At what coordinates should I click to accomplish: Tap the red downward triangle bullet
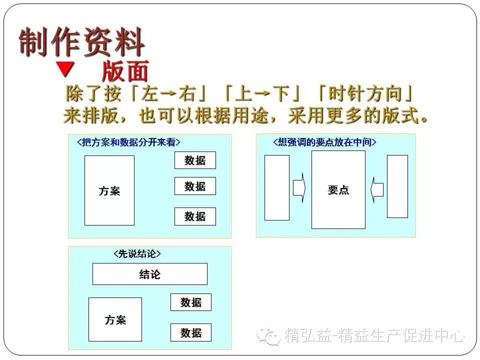pyautogui.click(x=65, y=68)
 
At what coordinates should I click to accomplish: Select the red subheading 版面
pyautogui.click(x=125, y=71)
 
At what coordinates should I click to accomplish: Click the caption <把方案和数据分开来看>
pyautogui.click(x=128, y=142)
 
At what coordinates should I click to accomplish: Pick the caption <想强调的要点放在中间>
pyautogui.click(x=324, y=142)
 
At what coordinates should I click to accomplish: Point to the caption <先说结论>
pyautogui.click(x=137, y=254)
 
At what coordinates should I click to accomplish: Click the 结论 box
pyautogui.click(x=149, y=274)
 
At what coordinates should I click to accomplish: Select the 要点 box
pyautogui.click(x=338, y=190)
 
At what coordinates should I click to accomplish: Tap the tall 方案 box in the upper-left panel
pyautogui.click(x=109, y=190)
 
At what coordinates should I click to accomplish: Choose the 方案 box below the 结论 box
pyautogui.click(x=115, y=319)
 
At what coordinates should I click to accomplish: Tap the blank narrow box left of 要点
pyautogui.click(x=276, y=187)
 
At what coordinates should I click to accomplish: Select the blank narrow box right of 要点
pyautogui.click(x=397, y=186)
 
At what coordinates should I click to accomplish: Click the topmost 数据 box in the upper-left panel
pyautogui.click(x=195, y=160)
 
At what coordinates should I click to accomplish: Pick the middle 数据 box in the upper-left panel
pyautogui.click(x=195, y=186)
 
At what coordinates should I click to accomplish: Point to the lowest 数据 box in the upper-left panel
pyautogui.click(x=195, y=216)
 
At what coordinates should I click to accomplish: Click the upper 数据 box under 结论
pyautogui.click(x=190, y=302)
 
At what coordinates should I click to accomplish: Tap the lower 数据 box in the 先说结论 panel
pyautogui.click(x=190, y=332)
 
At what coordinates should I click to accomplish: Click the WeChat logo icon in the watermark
pyautogui.click(x=269, y=335)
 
